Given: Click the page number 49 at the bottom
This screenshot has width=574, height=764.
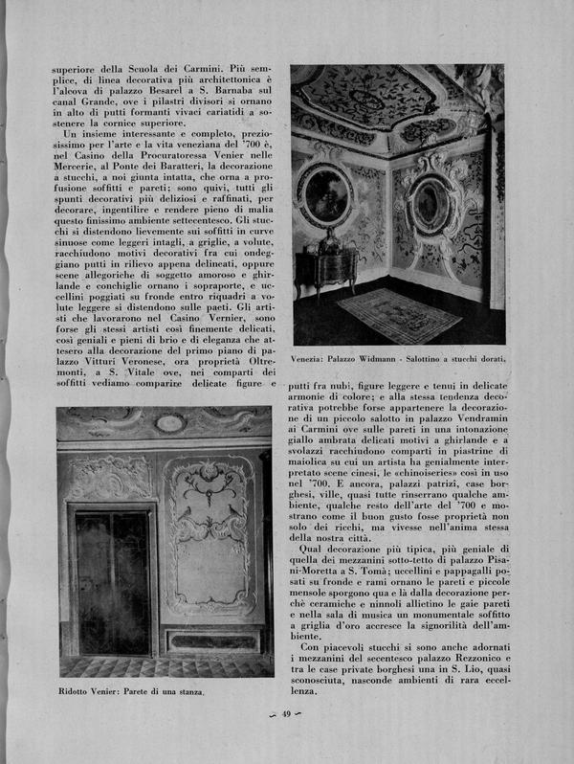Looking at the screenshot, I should [285, 739].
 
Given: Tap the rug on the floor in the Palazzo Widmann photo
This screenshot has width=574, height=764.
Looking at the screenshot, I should [399, 314].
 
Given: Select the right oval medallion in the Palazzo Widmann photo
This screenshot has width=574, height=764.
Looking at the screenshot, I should [432, 205].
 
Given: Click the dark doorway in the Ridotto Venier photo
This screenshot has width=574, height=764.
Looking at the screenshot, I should [113, 581].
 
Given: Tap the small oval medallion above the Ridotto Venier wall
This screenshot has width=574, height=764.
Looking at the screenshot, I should [170, 422].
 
